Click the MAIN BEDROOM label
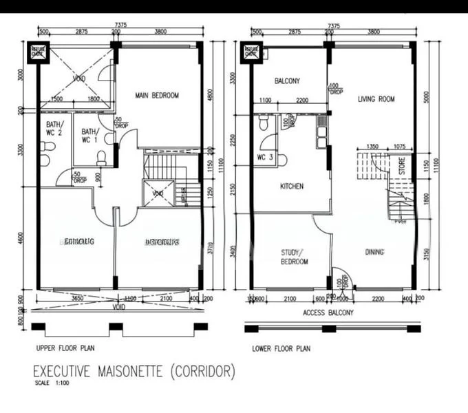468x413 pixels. (157, 96)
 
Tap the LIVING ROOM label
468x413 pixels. (376, 99)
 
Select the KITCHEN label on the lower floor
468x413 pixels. (292, 187)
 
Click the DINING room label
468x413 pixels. (374, 252)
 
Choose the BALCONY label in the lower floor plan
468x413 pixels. (287, 81)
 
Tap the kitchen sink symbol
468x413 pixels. (321, 135)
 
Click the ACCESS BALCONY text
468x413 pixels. (330, 312)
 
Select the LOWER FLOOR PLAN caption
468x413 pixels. (281, 348)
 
